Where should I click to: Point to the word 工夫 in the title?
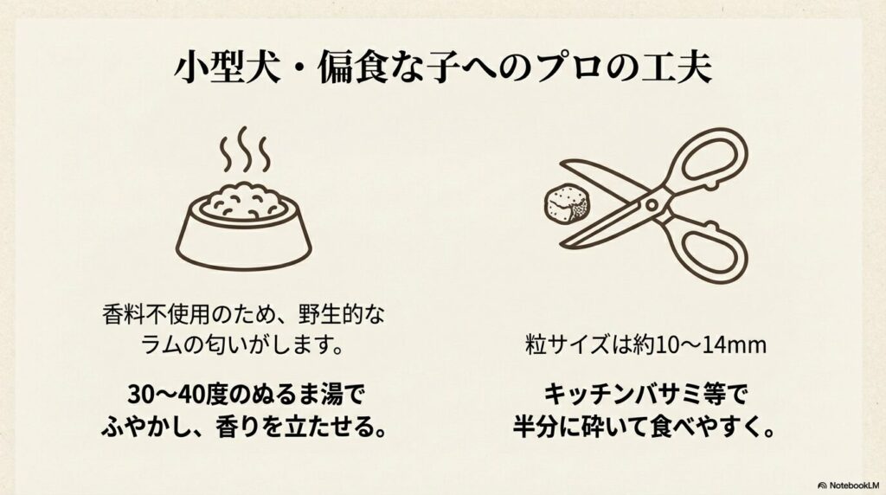[677, 67]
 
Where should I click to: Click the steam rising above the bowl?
[245, 149]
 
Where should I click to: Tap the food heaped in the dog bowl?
[245, 201]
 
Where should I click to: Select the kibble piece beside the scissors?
[568, 204]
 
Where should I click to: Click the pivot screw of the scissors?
[652, 204]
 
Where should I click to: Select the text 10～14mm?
[711, 344]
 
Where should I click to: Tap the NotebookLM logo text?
[854, 485]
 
